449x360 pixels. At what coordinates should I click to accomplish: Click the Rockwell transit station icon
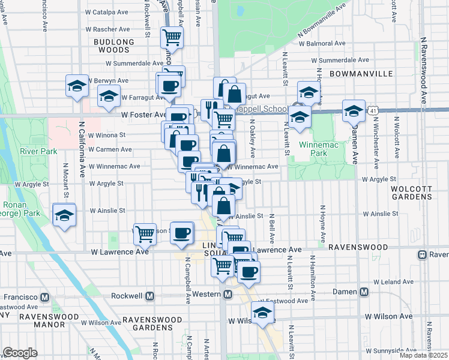pos(150,296)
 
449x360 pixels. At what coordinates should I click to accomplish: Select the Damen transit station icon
pos(364,292)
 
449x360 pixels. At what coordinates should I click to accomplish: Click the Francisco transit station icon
pos(44,297)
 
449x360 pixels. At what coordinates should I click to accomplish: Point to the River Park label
pos(37,151)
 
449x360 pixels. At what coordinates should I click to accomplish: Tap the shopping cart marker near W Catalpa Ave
pos(172,37)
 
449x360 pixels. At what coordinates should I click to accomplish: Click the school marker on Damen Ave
pos(354,110)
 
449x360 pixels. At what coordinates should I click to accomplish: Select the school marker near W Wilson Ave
pos(262,313)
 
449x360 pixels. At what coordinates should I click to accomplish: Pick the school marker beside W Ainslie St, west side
pos(64,215)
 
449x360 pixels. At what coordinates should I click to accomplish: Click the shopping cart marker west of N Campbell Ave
pos(145,233)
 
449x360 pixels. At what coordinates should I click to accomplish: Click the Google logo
pos(20,353)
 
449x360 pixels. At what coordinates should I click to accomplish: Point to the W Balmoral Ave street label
pos(325,44)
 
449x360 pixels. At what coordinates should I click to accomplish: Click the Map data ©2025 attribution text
pos(423,355)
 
